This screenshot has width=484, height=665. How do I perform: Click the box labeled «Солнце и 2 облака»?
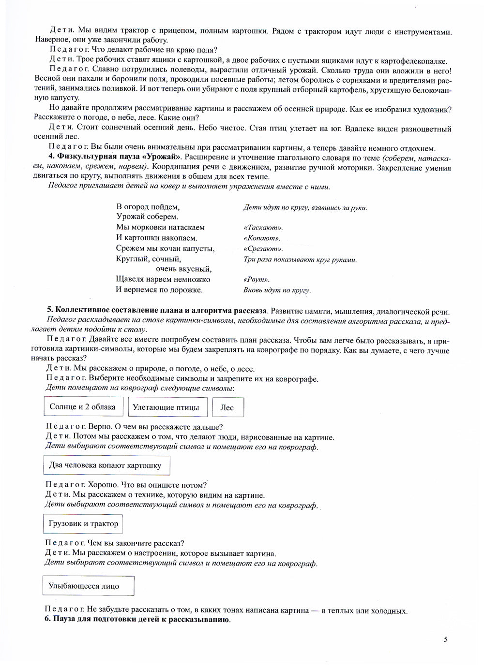83,407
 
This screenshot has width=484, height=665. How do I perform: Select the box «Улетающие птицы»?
166,407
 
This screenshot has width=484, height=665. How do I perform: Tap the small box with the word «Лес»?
227,407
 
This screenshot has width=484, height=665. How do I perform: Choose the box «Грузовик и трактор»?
83,523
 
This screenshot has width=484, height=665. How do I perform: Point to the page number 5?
446,639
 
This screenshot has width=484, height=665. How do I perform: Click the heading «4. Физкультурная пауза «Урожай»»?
115,157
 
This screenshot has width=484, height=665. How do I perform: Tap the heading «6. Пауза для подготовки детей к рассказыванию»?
137,620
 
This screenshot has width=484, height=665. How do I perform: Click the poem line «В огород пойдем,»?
148,206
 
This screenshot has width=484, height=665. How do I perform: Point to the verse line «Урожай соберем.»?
147,217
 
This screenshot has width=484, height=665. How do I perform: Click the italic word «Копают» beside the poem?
262,238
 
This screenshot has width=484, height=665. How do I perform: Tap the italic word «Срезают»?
263,249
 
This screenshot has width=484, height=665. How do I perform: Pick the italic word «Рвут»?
257,279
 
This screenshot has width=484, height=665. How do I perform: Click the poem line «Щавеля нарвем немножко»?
163,279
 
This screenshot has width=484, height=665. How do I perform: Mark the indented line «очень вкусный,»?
183,269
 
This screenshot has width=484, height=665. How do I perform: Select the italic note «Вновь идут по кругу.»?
277,290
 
